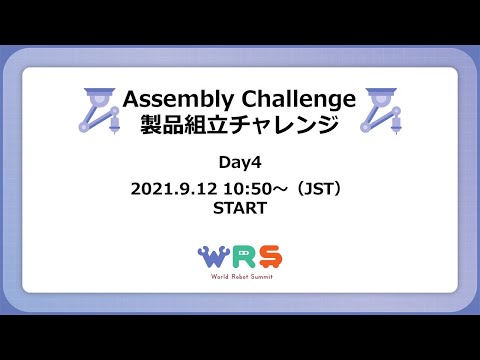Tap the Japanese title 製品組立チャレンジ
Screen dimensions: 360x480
tap(239, 126)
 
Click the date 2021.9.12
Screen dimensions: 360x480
tap(172, 188)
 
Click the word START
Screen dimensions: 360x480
tap(239, 209)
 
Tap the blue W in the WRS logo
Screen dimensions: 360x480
tap(214, 258)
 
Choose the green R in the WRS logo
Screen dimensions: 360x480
tap(241, 258)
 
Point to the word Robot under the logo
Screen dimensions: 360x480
tap(239, 277)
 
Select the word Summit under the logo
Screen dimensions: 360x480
tap(264, 277)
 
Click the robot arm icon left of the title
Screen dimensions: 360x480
tap(97, 111)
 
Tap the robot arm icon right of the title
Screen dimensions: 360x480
tap(382, 111)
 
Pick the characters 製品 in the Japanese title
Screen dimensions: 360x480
tap(162, 126)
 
